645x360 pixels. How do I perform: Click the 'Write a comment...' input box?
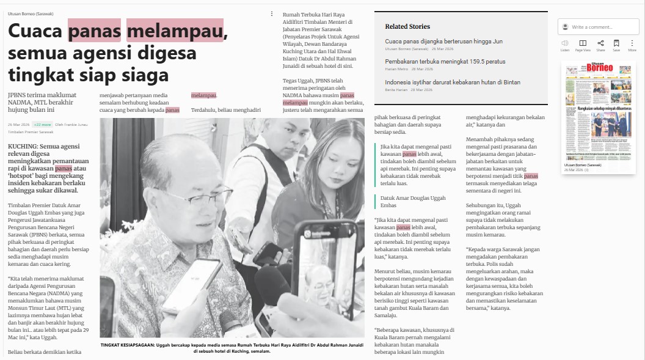tap(602, 27)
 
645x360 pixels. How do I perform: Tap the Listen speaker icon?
tap(565, 43)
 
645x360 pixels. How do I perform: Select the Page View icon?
tap(583, 43)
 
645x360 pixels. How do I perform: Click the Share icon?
tap(600, 43)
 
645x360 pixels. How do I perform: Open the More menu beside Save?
tap(632, 43)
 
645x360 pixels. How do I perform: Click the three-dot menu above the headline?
tap(272, 13)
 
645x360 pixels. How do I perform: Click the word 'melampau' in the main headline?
tap(175, 31)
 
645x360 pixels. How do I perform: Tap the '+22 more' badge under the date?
tap(42, 124)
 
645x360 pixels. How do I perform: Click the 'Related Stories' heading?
tap(407, 26)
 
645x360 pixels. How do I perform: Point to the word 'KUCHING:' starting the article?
tap(23, 146)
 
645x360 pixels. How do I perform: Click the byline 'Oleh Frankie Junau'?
tap(71, 124)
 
